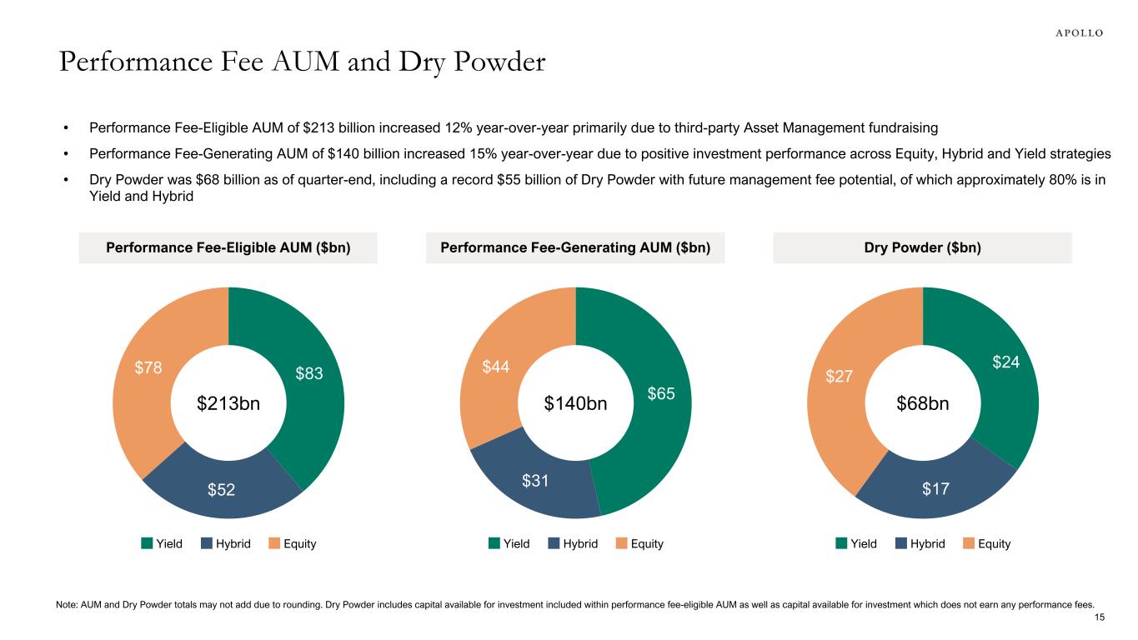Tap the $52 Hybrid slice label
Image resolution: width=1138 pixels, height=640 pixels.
click(220, 490)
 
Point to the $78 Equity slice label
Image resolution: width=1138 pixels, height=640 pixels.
click(148, 367)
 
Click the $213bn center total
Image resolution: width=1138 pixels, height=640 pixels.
click(228, 404)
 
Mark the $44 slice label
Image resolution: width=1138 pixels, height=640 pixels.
click(495, 367)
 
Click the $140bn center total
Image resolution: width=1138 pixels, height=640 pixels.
click(575, 404)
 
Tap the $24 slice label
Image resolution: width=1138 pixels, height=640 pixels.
click(1005, 362)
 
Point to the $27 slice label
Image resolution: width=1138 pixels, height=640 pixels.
click(839, 377)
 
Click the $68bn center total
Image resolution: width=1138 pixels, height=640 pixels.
click(923, 404)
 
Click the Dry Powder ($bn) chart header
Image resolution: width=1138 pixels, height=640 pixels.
click(922, 248)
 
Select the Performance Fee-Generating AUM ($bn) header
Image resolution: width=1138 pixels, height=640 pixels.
click(575, 248)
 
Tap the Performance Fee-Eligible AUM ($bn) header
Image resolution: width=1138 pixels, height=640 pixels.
click(228, 248)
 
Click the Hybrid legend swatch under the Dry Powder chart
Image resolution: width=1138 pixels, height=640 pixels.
click(902, 543)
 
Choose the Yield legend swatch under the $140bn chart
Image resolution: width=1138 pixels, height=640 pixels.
click(494, 543)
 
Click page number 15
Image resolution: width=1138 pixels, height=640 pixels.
click(1099, 617)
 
